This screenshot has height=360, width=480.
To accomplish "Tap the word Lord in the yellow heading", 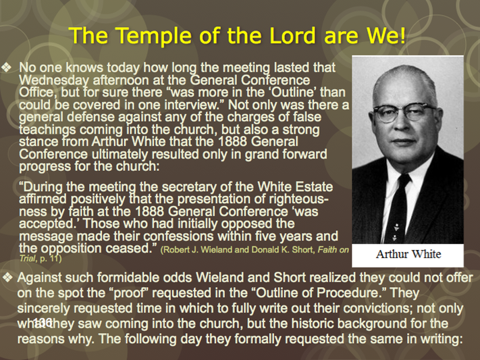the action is point(292,36).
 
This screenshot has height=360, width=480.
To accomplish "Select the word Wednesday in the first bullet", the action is point(54,80).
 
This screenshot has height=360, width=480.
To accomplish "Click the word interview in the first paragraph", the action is point(194,105).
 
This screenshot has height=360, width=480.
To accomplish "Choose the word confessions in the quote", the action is point(178,236).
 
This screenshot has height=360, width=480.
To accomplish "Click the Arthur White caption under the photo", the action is point(408,255).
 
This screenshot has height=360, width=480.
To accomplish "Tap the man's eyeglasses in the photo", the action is point(404,112).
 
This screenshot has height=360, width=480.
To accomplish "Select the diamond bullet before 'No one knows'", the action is point(7,68).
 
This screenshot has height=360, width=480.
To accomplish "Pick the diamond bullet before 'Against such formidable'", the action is point(7,278).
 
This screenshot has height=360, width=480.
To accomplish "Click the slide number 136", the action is point(42,322).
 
